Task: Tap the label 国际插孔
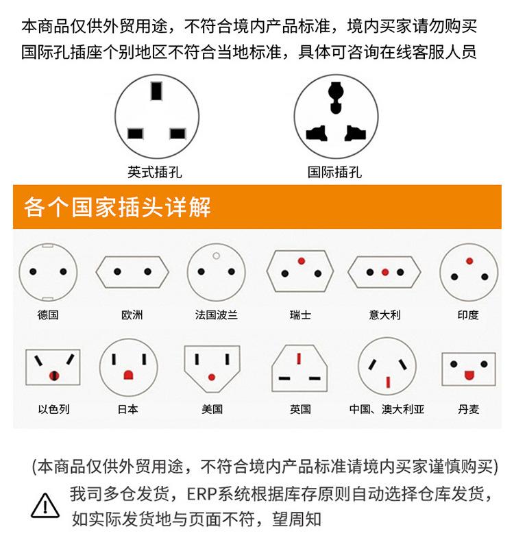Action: tap(334, 172)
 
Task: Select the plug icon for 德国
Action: tap(48, 271)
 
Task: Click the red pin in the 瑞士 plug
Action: tap(300, 261)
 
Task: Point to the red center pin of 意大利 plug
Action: tap(384, 272)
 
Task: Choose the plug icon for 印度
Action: tap(469, 271)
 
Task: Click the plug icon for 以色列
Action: tap(53, 367)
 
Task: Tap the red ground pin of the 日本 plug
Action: tap(128, 375)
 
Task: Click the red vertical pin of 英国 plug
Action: tap(299, 359)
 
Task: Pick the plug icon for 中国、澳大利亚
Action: tap(387, 367)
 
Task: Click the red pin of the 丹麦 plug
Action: tap(469, 374)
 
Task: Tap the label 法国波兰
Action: tap(216, 315)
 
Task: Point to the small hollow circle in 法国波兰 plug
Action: tap(217, 256)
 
